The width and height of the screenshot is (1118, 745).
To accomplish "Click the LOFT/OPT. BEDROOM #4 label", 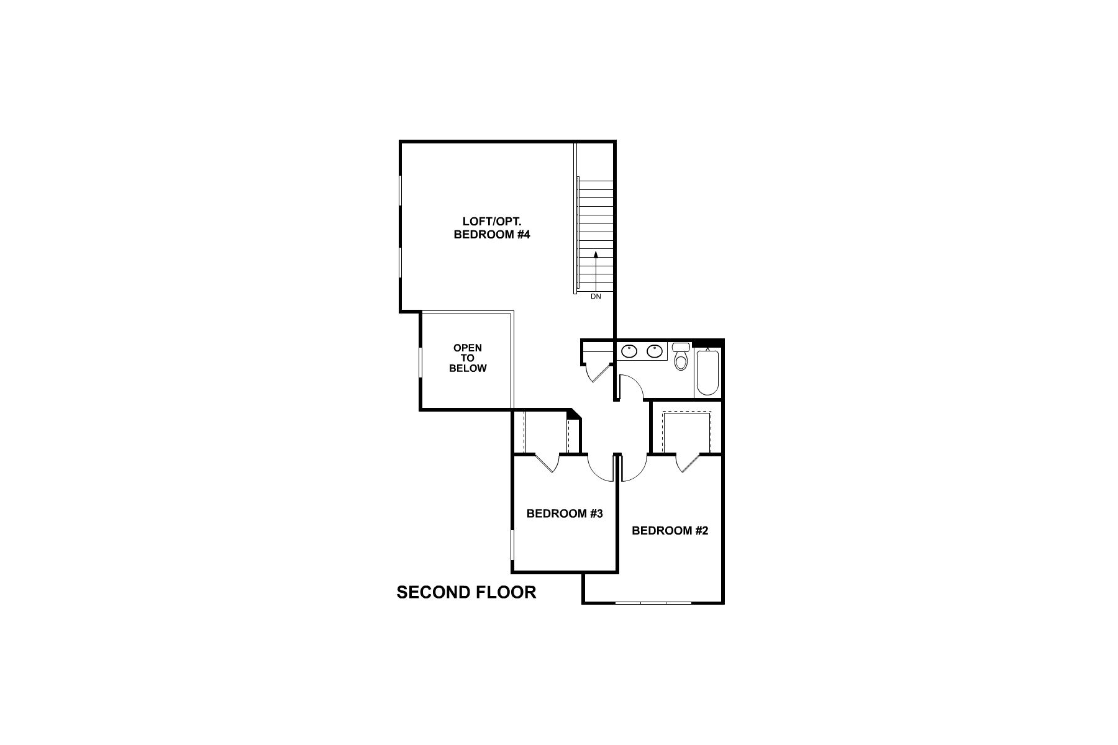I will [491, 228].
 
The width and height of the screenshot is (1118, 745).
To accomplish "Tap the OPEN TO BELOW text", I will [468, 358].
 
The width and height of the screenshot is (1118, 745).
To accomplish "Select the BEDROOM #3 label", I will [565, 513].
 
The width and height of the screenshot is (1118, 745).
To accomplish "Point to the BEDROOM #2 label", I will [670, 530].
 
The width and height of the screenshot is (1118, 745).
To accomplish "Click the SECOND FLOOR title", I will [466, 592].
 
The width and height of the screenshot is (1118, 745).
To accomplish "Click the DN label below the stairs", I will [596, 297].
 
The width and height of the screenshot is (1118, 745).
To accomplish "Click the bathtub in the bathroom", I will [707, 372].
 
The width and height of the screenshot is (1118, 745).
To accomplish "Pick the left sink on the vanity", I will [629, 351].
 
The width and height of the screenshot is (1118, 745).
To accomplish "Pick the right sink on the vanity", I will [654, 351].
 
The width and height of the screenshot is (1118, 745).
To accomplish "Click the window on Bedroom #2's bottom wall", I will [653, 602].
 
